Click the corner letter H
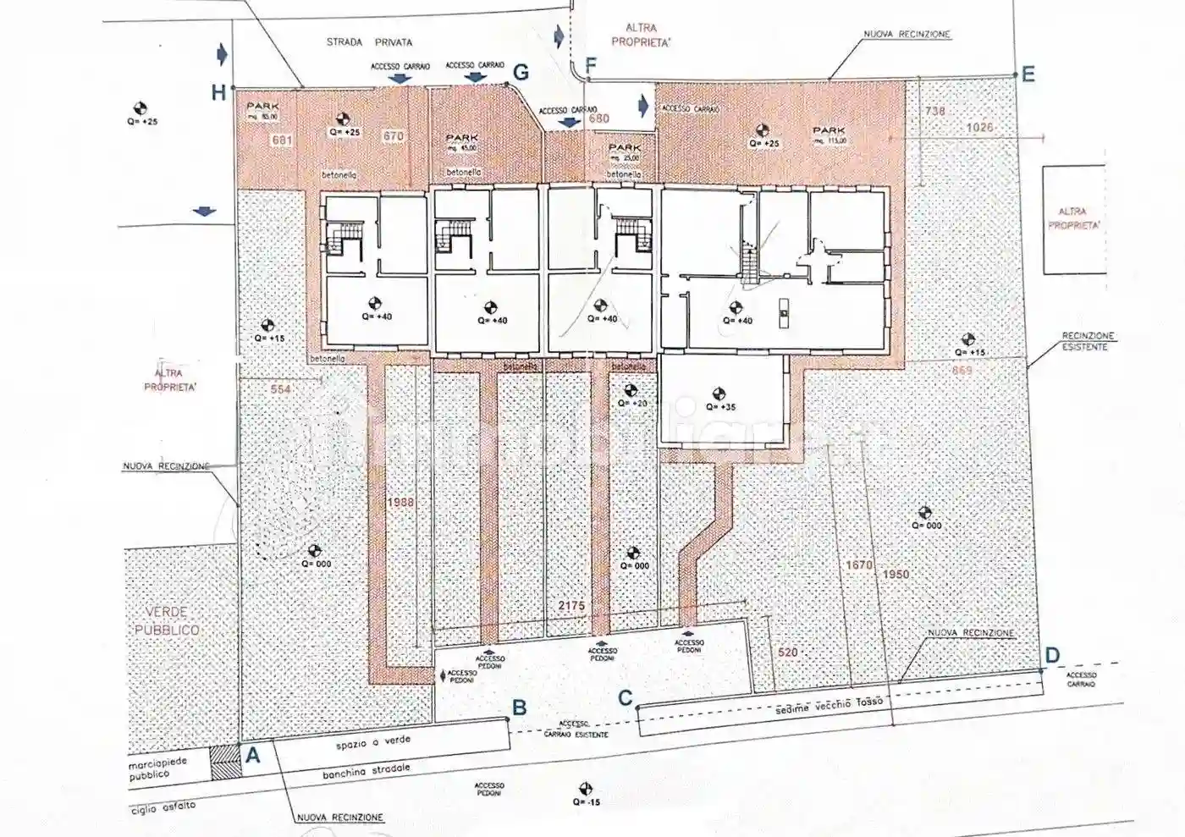pyautogui.click(x=218, y=92)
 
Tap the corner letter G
pyautogui.click(x=521, y=73)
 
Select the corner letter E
pyautogui.click(x=1028, y=74)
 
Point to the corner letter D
pyautogui.click(x=1052, y=655)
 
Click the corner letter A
pyautogui.click(x=252, y=756)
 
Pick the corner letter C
pyautogui.click(x=626, y=698)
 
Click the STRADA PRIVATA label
pyautogui.click(x=369, y=41)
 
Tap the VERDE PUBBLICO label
pyautogui.click(x=167, y=620)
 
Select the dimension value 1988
pyautogui.click(x=400, y=502)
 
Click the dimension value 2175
pyautogui.click(x=571, y=606)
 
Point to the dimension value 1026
pyautogui.click(x=979, y=128)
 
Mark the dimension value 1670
pyautogui.click(x=859, y=564)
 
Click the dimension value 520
pyautogui.click(x=787, y=653)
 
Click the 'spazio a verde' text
pyautogui.click(x=372, y=742)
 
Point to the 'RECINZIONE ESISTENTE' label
pyautogui.click(x=1087, y=341)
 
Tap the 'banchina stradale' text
pyautogui.click(x=366, y=771)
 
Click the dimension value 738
pyautogui.click(x=934, y=111)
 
